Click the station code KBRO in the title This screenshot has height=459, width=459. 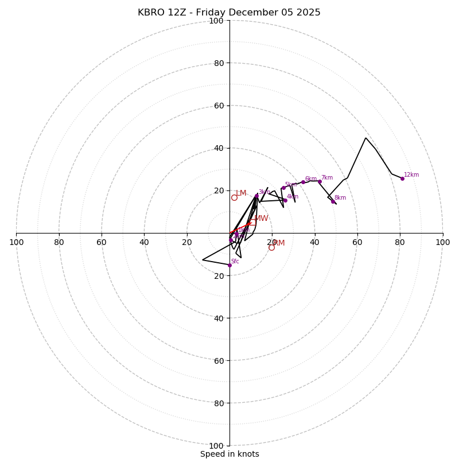(150, 13)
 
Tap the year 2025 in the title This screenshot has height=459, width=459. (309, 13)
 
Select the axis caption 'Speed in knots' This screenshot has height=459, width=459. (229, 454)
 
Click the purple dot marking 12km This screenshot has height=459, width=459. (402, 178)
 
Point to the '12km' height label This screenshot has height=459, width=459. (411, 174)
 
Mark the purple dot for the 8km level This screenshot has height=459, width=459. (333, 201)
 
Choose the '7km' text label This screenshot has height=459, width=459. (326, 178)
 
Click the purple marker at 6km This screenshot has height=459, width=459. (303, 182)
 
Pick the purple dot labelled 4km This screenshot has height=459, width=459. (285, 200)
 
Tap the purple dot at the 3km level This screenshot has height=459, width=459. (256, 196)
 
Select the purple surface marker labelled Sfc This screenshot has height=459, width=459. (229, 265)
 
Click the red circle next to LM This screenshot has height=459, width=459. (234, 197)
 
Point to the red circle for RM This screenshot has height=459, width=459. (271, 247)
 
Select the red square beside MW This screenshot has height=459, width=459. (253, 222)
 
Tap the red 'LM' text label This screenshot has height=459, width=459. (241, 193)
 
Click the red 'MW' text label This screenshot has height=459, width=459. (262, 219)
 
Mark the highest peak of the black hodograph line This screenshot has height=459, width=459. (365, 138)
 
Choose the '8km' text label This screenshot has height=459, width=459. (340, 198)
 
